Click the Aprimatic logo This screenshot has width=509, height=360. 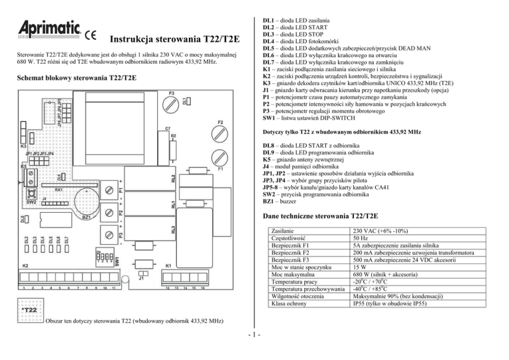pyautogui.click(x=44, y=30)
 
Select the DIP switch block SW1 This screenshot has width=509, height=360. pyautogui.click(x=101, y=259)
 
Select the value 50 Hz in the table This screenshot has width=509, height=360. pyautogui.click(x=363, y=240)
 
